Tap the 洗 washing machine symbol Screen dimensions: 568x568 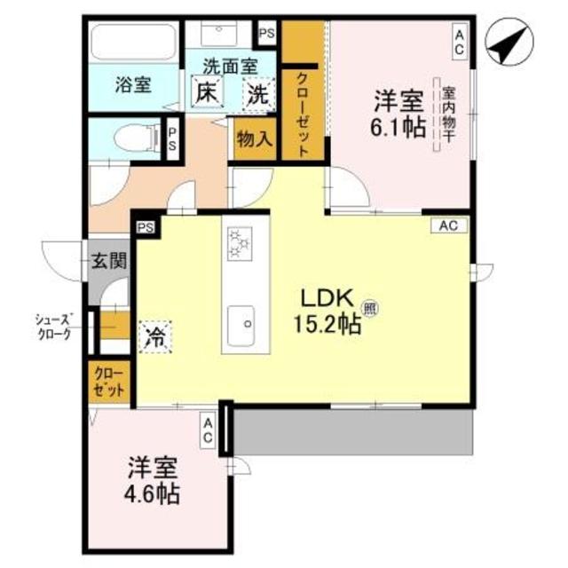(258, 91)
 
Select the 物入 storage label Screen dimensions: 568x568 (256, 139)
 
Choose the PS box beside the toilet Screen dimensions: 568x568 (174, 138)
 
